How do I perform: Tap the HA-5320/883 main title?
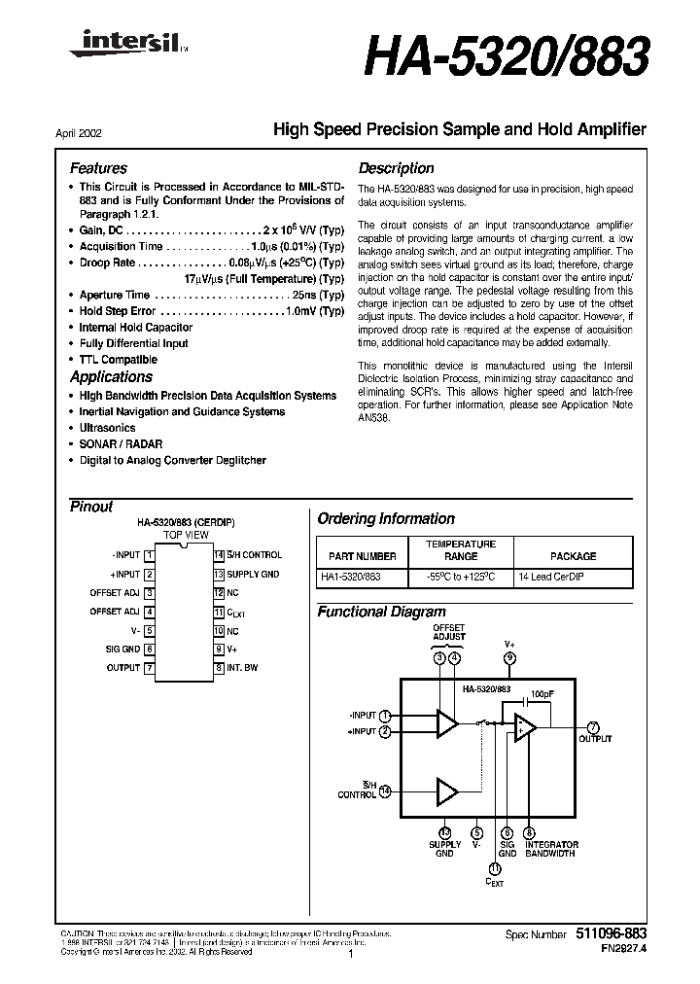(506, 59)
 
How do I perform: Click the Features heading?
(98, 168)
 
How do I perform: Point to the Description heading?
(396, 168)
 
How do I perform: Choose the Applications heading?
(111, 377)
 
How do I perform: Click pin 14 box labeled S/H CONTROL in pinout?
(220, 555)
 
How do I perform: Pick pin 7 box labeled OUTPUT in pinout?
(150, 668)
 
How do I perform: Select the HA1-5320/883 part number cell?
(350, 577)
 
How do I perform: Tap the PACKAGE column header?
(573, 556)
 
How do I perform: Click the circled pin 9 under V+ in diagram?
(510, 658)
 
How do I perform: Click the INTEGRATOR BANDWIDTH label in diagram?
(551, 849)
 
